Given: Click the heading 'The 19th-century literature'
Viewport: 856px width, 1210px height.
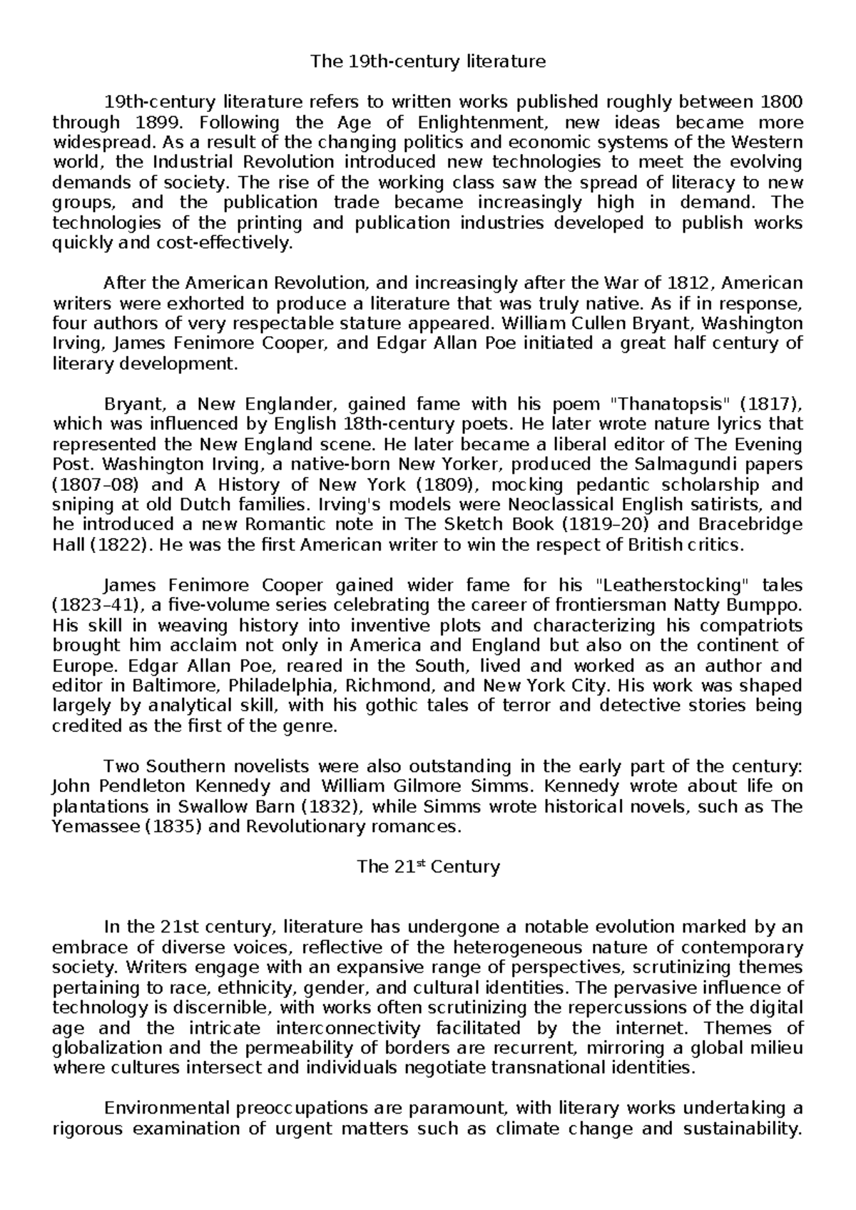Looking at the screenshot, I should point(427,61).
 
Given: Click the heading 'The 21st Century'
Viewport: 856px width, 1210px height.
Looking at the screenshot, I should point(428,867).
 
